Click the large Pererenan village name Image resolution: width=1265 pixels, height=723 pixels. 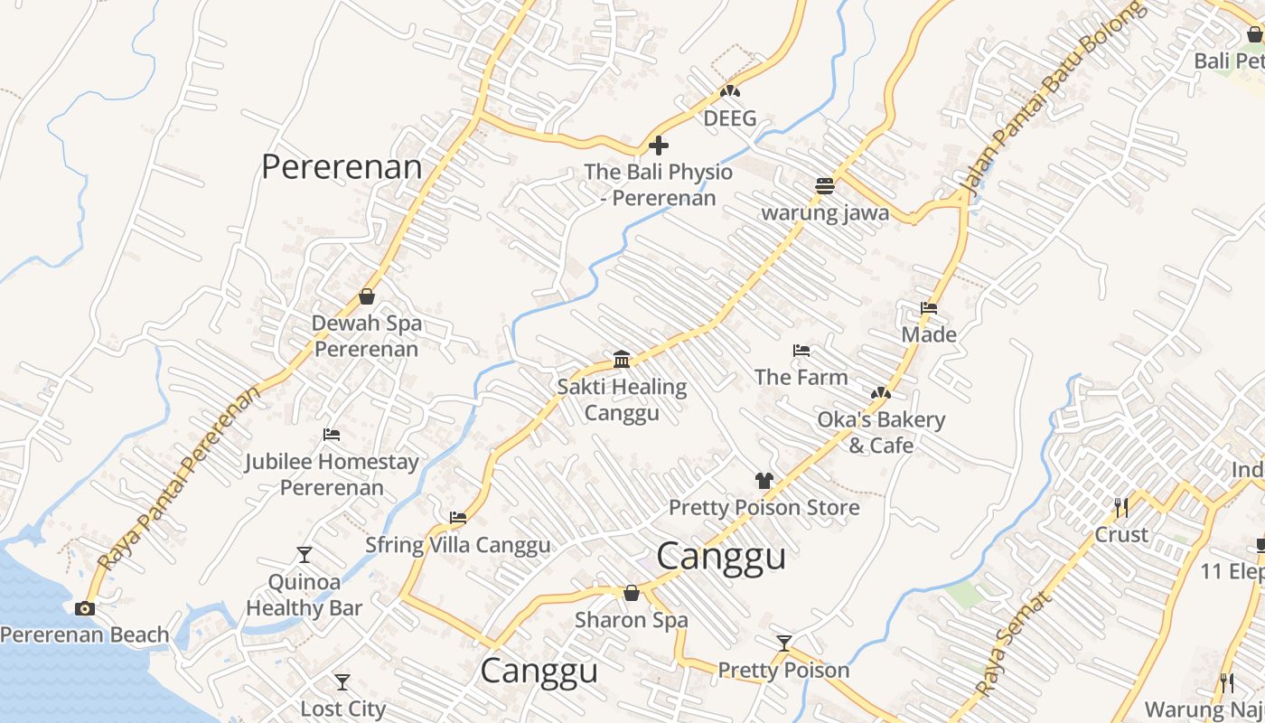click(342, 167)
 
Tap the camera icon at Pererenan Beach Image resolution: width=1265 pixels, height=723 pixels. click(85, 608)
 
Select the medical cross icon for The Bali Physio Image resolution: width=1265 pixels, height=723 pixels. click(659, 145)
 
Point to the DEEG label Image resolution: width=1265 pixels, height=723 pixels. click(729, 118)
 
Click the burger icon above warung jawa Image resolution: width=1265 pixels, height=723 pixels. click(824, 186)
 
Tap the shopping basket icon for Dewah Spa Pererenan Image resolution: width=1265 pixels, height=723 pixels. click(367, 296)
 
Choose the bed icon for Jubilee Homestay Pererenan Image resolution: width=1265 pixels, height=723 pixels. click(332, 435)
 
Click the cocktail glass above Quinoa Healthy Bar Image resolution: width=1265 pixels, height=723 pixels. click(305, 555)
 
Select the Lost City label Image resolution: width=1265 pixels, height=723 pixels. click(342, 709)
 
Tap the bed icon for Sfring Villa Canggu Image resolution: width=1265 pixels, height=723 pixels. click(458, 518)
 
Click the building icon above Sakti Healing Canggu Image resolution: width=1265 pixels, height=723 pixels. click(622, 360)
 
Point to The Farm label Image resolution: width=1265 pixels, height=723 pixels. click(801, 377)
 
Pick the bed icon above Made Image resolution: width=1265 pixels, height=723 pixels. click(929, 308)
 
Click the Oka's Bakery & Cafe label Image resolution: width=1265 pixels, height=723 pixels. click(881, 432)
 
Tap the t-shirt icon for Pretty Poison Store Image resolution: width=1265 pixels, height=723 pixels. click(764, 481)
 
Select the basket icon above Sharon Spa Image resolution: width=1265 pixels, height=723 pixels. click(632, 593)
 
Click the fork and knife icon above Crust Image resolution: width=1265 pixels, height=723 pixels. click(1121, 507)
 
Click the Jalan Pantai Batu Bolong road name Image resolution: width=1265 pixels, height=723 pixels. click(1053, 98)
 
